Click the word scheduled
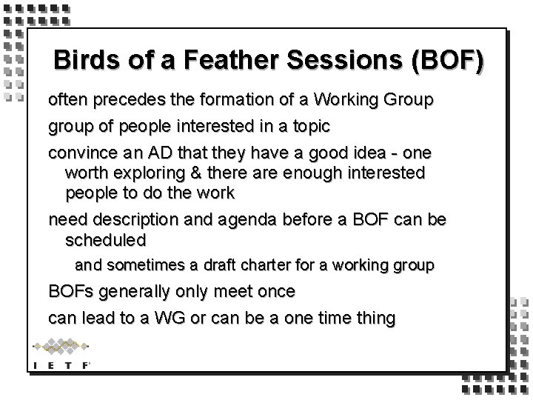pos(106,240)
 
